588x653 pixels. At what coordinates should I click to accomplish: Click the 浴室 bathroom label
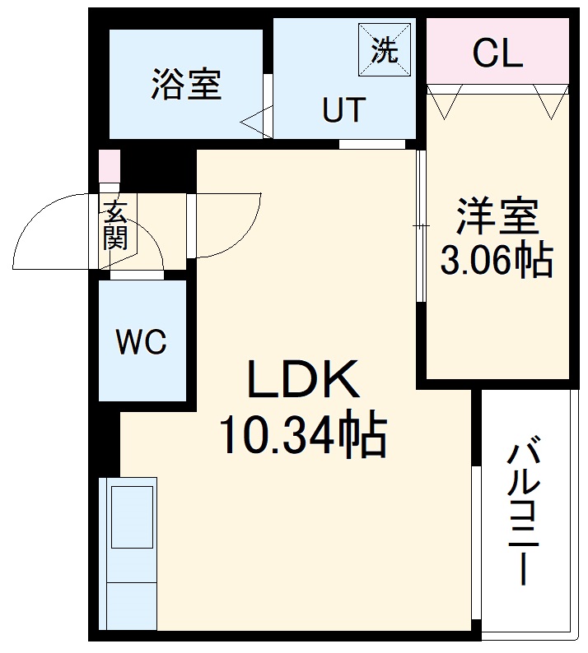pos(186,85)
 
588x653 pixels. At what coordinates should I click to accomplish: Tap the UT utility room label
pos(343,110)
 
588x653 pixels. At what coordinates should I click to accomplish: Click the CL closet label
pos(497,54)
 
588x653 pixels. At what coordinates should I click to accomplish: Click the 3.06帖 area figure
pos(497,261)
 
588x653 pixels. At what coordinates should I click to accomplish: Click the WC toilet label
pos(141,340)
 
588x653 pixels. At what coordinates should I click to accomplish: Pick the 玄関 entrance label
pos(114,225)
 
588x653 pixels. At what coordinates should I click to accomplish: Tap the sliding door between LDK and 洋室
pos(421,225)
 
